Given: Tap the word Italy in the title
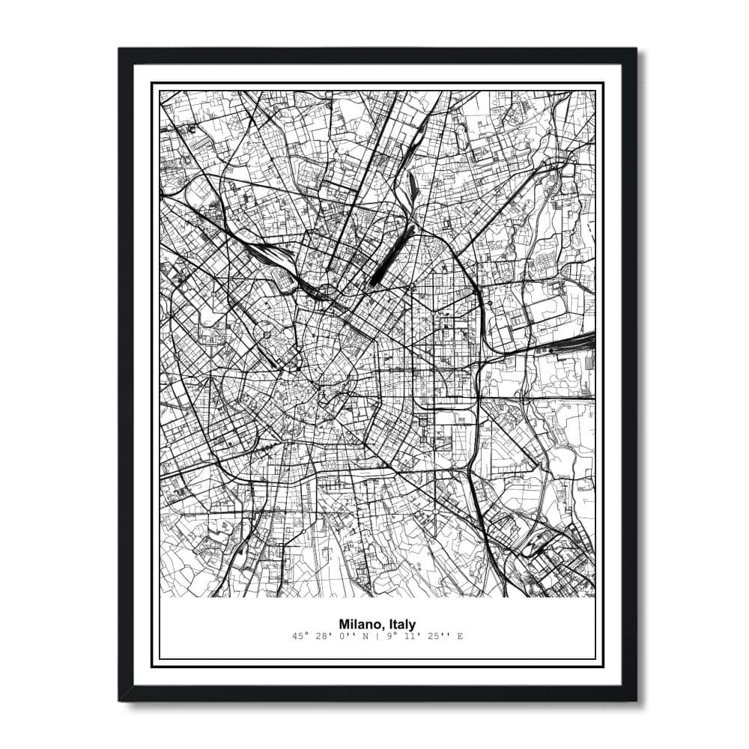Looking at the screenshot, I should tap(401, 624).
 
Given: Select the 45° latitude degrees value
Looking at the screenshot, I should tap(302, 637).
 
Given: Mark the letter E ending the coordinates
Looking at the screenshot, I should tap(460, 637).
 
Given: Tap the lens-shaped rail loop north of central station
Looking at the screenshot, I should tap(410, 213).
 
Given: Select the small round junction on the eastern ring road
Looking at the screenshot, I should tap(489, 303).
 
